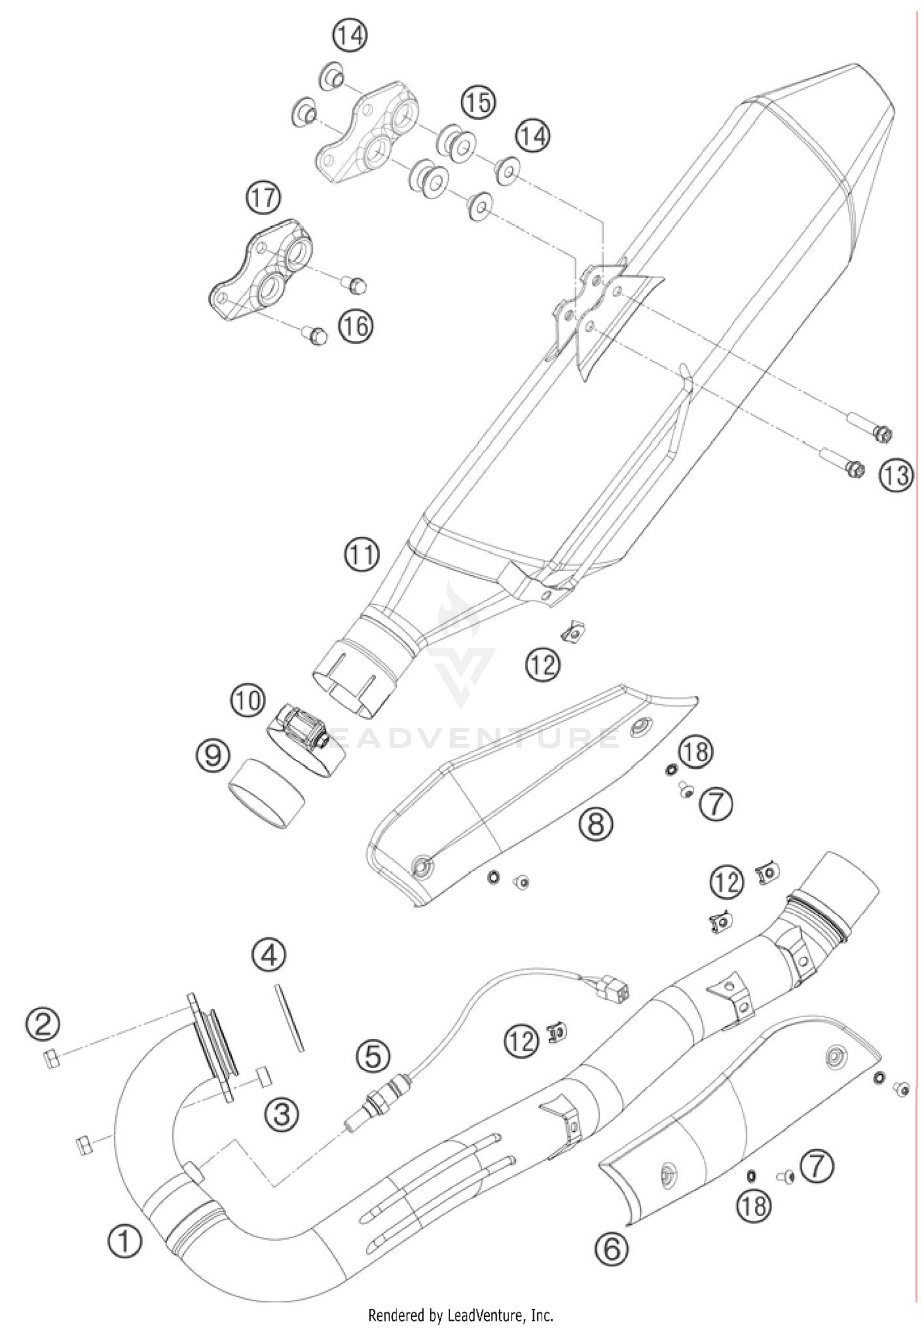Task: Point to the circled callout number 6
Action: coord(612,1248)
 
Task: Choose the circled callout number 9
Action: coord(213,755)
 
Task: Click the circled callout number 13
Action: coord(896,475)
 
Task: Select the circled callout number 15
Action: coord(478,103)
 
